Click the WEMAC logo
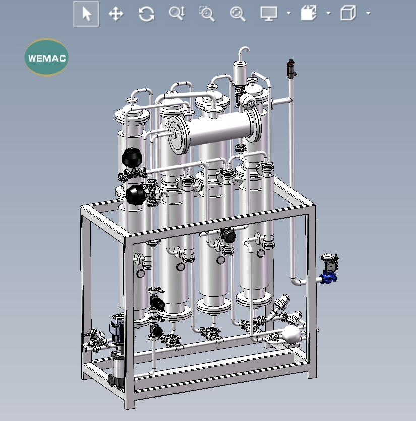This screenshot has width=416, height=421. click(x=46, y=57)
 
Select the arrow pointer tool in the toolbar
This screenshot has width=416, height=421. click(x=86, y=14)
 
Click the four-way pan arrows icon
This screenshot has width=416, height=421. click(x=116, y=14)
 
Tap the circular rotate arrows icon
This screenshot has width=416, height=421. click(x=146, y=14)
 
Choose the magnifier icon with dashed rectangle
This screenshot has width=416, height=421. click(x=207, y=14)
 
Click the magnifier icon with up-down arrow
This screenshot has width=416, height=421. click(x=176, y=14)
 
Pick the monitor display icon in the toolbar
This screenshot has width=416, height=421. click(x=268, y=14)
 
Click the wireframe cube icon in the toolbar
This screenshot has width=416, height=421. click(x=348, y=14)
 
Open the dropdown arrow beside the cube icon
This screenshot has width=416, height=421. click(x=368, y=14)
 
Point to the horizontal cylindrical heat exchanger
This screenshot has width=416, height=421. click(x=217, y=131)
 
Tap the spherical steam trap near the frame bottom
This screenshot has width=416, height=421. click(x=292, y=334)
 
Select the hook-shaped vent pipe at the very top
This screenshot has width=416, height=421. click(x=244, y=53)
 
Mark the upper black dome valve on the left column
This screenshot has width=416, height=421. click(x=132, y=156)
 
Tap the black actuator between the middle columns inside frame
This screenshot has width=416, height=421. click(x=228, y=234)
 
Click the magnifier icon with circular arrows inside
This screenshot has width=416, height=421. click(x=237, y=14)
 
